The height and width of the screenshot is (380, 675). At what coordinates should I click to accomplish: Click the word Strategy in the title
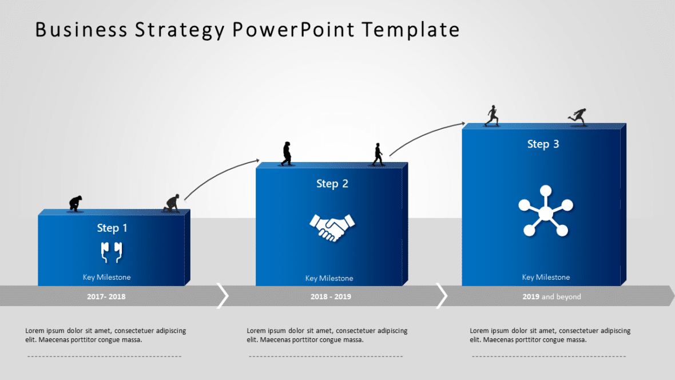tap(180, 30)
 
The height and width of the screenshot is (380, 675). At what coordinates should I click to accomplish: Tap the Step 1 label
tap(112, 228)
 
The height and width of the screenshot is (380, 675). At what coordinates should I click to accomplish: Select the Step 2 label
tap(332, 184)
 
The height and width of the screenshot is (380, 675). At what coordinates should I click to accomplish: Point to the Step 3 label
tap(543, 144)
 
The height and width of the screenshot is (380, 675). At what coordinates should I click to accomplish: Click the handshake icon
tap(332, 227)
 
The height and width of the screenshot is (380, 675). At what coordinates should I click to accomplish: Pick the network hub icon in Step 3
tap(546, 212)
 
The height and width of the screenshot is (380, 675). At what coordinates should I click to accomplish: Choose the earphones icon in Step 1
tap(112, 251)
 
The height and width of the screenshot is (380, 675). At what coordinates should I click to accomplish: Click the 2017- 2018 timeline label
tap(106, 296)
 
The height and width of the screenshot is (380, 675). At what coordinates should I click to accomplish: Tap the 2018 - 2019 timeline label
tap(331, 296)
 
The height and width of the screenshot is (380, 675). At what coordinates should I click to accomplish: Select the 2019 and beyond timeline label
tap(551, 296)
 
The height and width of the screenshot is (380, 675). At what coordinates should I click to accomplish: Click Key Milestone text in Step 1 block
tap(106, 277)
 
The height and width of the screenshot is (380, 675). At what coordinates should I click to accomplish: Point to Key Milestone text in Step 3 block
tap(546, 277)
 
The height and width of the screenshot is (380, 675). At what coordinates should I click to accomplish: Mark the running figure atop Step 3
tap(578, 117)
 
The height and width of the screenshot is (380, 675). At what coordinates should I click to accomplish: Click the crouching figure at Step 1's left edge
tap(75, 203)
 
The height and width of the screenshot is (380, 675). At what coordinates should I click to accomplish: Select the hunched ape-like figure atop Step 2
tap(287, 154)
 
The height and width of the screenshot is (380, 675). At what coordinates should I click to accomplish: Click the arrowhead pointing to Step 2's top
tap(257, 160)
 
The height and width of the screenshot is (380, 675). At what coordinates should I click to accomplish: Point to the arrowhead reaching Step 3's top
tap(463, 123)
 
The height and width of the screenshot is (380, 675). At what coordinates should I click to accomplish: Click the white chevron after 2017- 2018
tap(223, 295)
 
